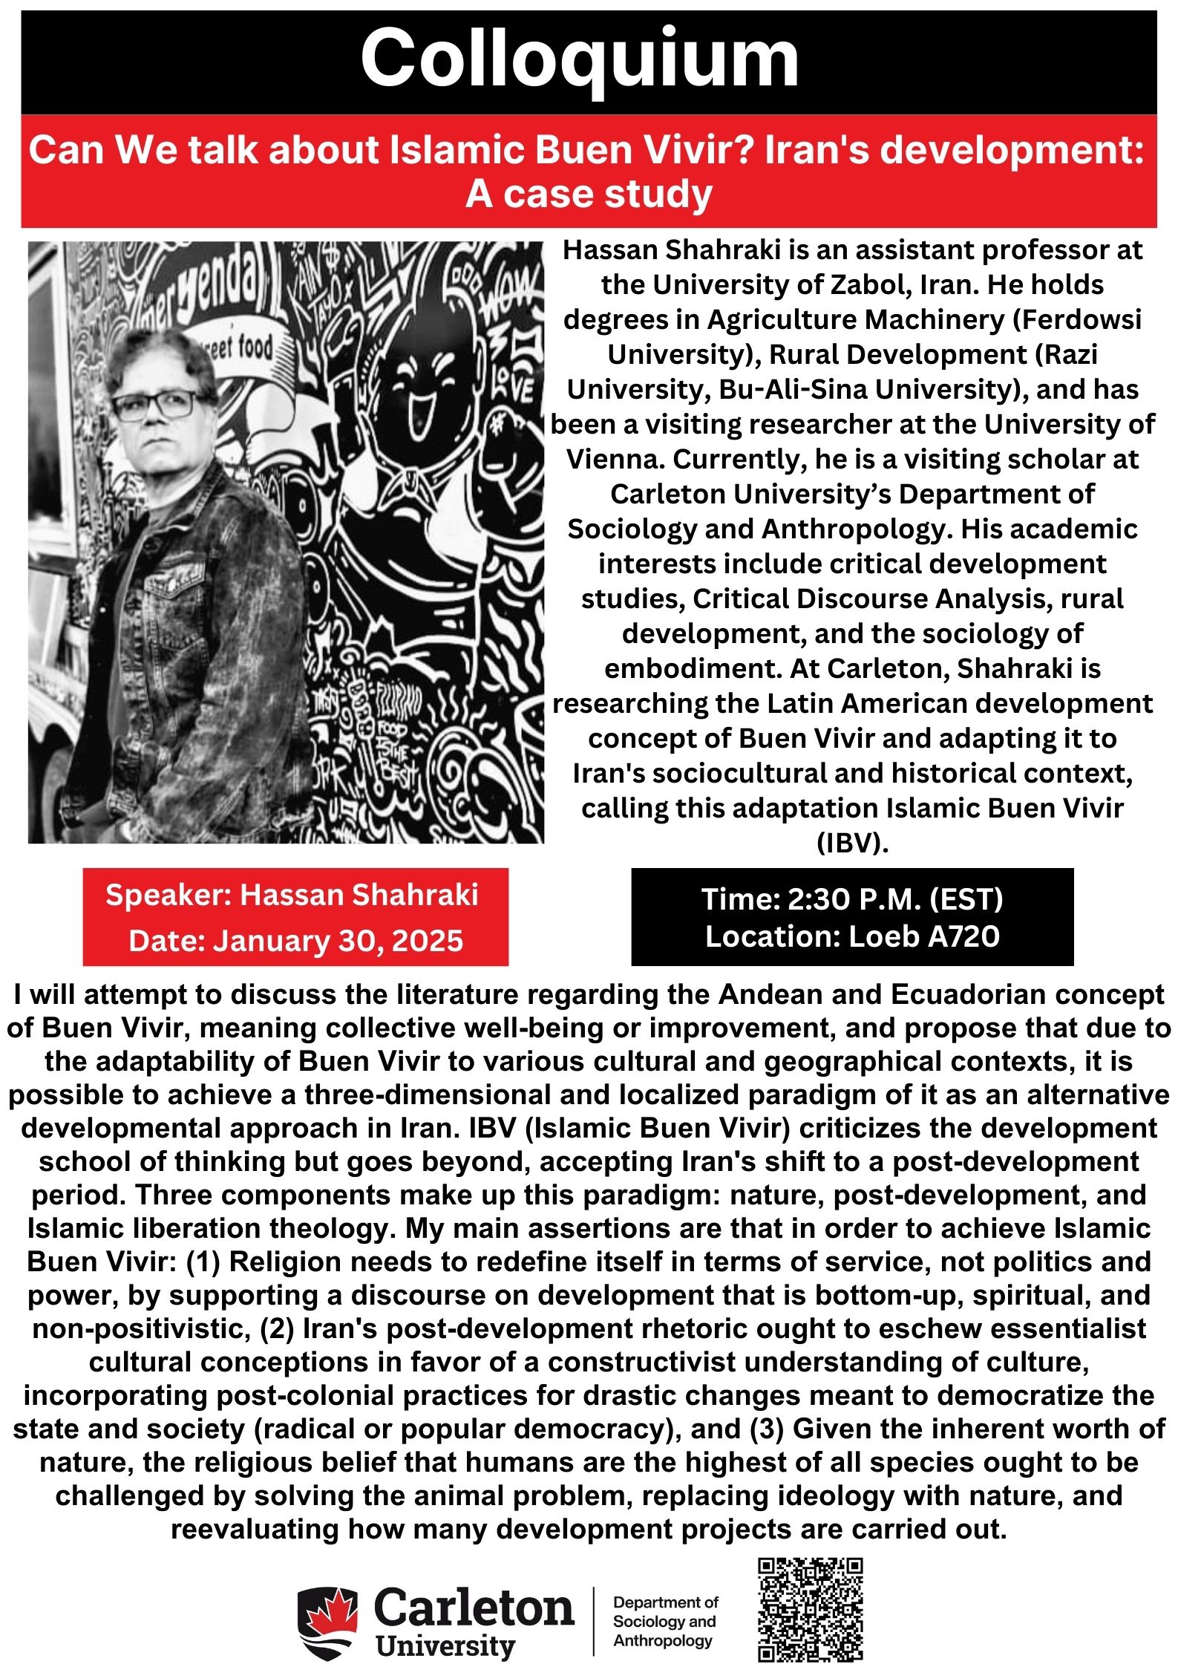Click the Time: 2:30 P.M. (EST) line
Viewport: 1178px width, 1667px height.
pos(852,899)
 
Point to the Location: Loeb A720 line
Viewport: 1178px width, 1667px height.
pos(852,936)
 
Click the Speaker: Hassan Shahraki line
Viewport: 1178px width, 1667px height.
pos(292,895)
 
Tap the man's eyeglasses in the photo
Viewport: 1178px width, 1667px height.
pos(154,405)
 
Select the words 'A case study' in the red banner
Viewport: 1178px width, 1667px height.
pos(589,195)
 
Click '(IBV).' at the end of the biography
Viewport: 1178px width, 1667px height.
pos(852,844)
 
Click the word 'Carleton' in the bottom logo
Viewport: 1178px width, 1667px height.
pos(474,1608)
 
